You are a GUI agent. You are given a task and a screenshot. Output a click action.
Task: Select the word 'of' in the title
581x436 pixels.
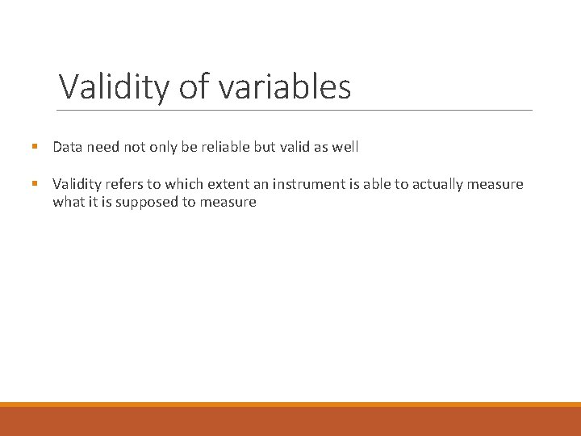pyautogui.click(x=194, y=86)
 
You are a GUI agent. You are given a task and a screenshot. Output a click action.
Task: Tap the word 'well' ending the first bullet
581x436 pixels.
pyautogui.click(x=345, y=147)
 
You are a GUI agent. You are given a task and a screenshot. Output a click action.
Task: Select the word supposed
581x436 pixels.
pyautogui.click(x=146, y=202)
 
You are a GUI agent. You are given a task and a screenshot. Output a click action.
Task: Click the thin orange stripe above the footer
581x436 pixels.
pyautogui.click(x=290, y=405)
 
